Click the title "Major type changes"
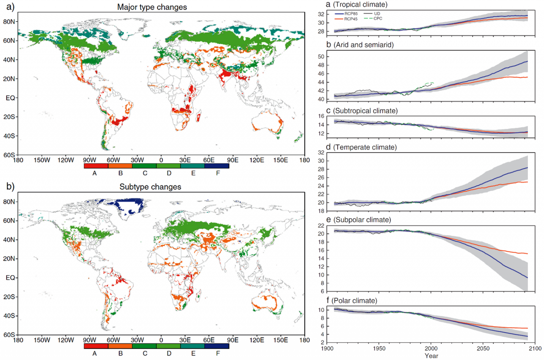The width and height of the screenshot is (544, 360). [152, 7]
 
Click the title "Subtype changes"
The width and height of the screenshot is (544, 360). [150, 187]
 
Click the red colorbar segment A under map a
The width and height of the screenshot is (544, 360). [96, 166]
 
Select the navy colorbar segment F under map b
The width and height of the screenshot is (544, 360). [217, 346]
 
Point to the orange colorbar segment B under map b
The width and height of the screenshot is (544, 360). [120, 346]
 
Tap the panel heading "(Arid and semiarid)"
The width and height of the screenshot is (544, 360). [363, 45]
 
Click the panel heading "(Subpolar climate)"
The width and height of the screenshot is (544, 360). [362, 220]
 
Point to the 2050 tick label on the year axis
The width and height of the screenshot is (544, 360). [483, 348]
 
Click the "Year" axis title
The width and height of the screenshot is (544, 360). [431, 356]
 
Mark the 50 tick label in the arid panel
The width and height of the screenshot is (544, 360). [321, 57]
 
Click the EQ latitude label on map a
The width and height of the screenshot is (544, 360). [10, 98]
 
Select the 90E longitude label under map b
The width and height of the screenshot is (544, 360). [233, 340]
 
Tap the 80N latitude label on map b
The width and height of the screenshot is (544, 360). [9, 202]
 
